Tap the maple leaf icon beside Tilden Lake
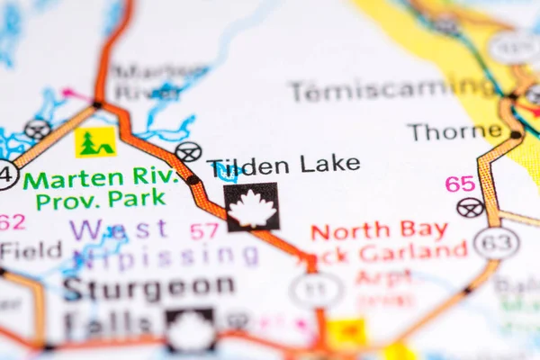[x=251, y=208]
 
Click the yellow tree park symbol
[x=94, y=142]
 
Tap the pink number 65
[x=460, y=184]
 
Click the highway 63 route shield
[x=496, y=243]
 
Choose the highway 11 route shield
[x=316, y=290]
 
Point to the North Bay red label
[x=379, y=230]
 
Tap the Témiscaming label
[x=392, y=89]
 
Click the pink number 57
[x=204, y=230]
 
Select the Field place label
[x=31, y=250]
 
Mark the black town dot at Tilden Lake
[x=193, y=180]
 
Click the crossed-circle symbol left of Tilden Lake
[x=188, y=152]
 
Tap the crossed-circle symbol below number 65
[x=470, y=208]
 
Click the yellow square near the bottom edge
[x=346, y=333]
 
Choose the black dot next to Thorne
[x=516, y=135]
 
